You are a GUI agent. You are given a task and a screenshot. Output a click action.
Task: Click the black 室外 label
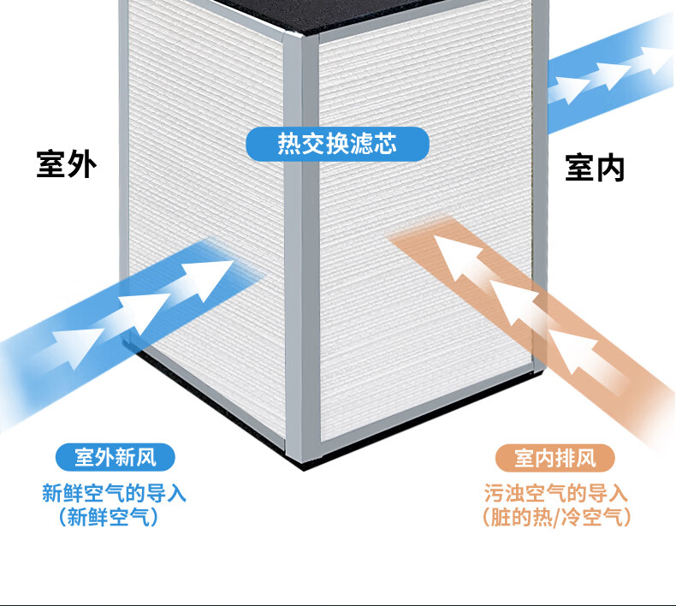(x=66, y=164)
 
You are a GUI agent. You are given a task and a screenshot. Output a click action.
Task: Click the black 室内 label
(x=595, y=168)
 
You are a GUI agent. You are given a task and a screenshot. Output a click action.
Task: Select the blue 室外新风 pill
(x=115, y=458)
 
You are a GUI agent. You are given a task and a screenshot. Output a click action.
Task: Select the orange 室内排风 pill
(x=554, y=458)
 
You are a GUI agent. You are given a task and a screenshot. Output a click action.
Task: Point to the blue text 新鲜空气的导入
(x=115, y=494)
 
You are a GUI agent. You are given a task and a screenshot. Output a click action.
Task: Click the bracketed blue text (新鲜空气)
(x=109, y=517)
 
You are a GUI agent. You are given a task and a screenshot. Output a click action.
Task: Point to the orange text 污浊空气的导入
(x=555, y=494)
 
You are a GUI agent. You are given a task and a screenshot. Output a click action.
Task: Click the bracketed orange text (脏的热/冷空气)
(x=555, y=517)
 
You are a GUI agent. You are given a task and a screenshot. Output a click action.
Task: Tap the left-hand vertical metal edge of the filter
(x=123, y=171)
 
